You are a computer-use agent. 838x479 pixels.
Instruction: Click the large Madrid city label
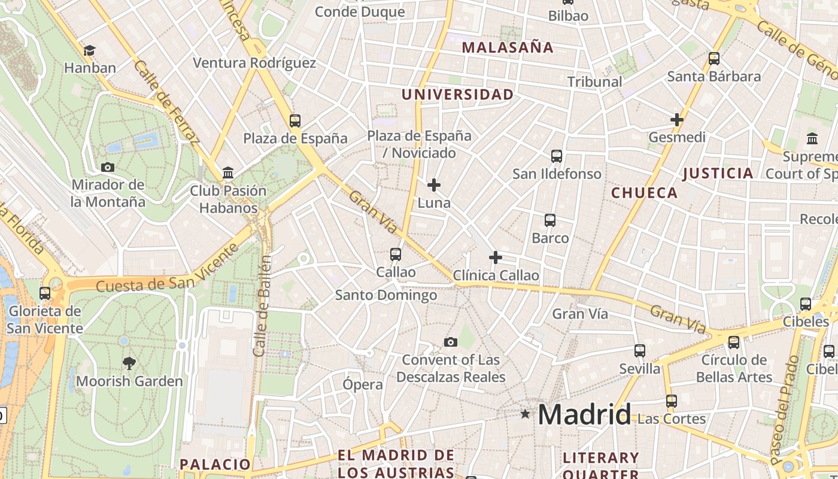(x=584, y=414)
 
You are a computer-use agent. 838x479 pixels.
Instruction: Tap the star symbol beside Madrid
(x=525, y=414)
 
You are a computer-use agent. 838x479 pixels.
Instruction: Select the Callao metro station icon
(x=395, y=254)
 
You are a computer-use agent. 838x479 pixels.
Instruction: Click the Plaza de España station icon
(x=294, y=120)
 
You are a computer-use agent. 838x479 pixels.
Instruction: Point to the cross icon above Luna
(x=434, y=185)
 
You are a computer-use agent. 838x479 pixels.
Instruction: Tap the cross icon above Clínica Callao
(x=495, y=257)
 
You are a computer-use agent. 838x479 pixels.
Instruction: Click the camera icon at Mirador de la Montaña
(x=108, y=167)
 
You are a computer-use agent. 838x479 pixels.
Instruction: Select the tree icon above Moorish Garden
(x=129, y=363)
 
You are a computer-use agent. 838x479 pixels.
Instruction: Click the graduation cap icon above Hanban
(x=89, y=51)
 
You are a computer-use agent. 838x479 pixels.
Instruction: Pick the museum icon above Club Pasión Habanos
(x=227, y=173)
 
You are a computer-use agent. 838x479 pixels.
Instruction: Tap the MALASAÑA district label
(x=508, y=47)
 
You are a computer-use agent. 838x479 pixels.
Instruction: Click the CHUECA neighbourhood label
(x=644, y=193)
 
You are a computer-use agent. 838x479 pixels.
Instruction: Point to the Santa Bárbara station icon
(x=713, y=59)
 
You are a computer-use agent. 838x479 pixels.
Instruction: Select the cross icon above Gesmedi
(x=676, y=120)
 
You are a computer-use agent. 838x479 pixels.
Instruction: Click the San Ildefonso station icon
(x=556, y=156)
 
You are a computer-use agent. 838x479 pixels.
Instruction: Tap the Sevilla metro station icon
(x=639, y=351)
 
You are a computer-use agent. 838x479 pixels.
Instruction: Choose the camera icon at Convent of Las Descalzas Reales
(x=450, y=342)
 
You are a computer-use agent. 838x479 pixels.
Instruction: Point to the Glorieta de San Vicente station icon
(x=45, y=293)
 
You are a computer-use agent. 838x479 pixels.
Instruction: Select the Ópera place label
(x=363, y=384)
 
